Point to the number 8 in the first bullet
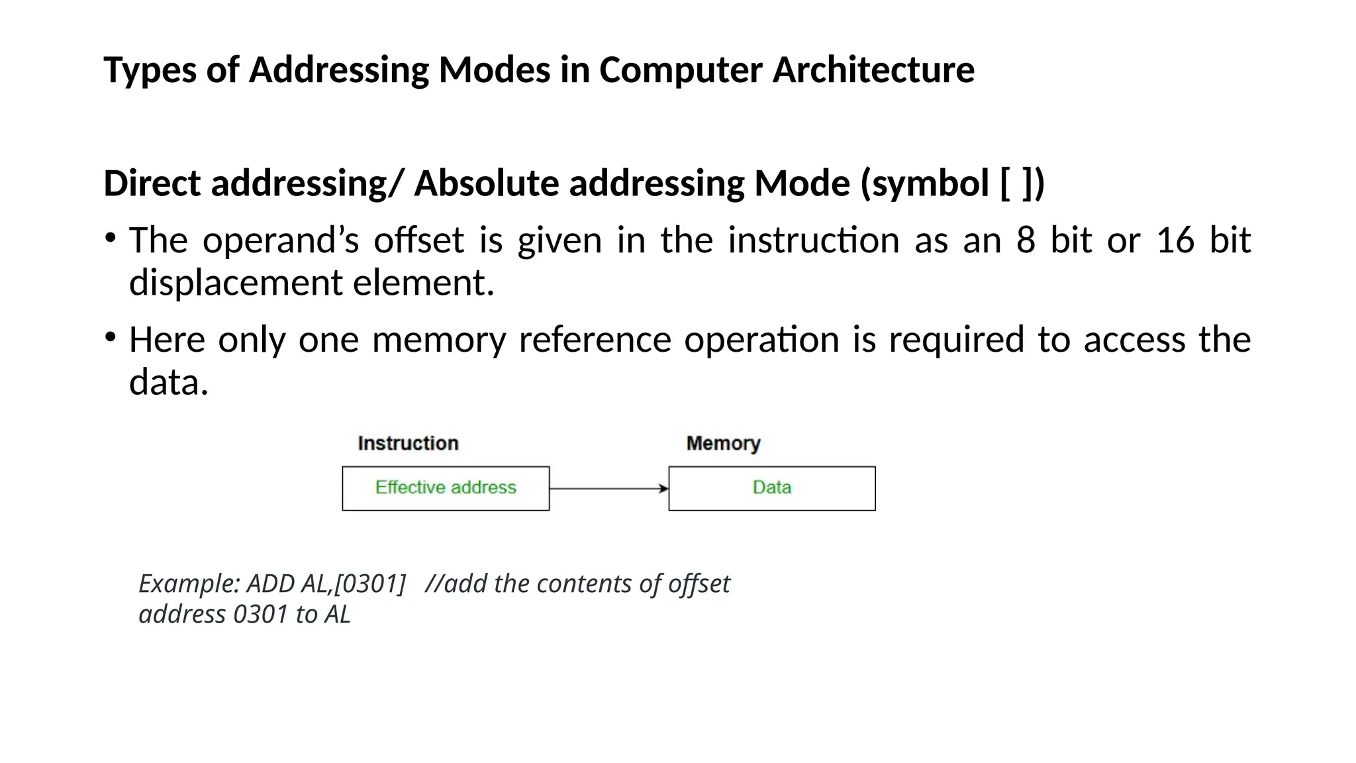coord(1026,240)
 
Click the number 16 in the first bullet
coord(1175,240)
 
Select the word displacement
coord(234,283)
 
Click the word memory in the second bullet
coord(438,340)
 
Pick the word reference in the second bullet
coord(595,340)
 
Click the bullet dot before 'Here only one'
coord(111,337)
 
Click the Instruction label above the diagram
coord(408,443)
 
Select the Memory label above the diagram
coord(723,443)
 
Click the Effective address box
coord(446,488)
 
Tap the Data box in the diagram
coord(772,488)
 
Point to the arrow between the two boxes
coord(608,489)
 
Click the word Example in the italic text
coord(188,584)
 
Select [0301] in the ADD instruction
coord(370,584)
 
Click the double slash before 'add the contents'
coord(434,584)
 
